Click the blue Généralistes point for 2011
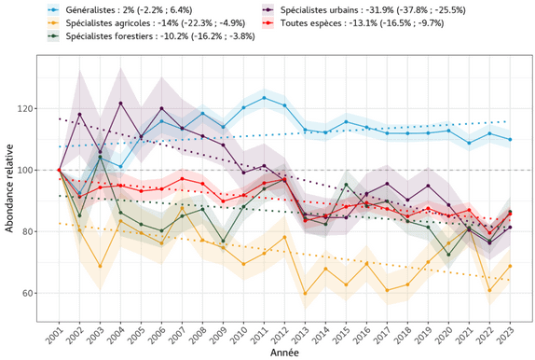[264, 98]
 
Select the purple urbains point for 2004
[121, 103]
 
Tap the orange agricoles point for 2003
[101, 267]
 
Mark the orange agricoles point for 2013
[305, 294]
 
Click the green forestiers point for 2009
[223, 241]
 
